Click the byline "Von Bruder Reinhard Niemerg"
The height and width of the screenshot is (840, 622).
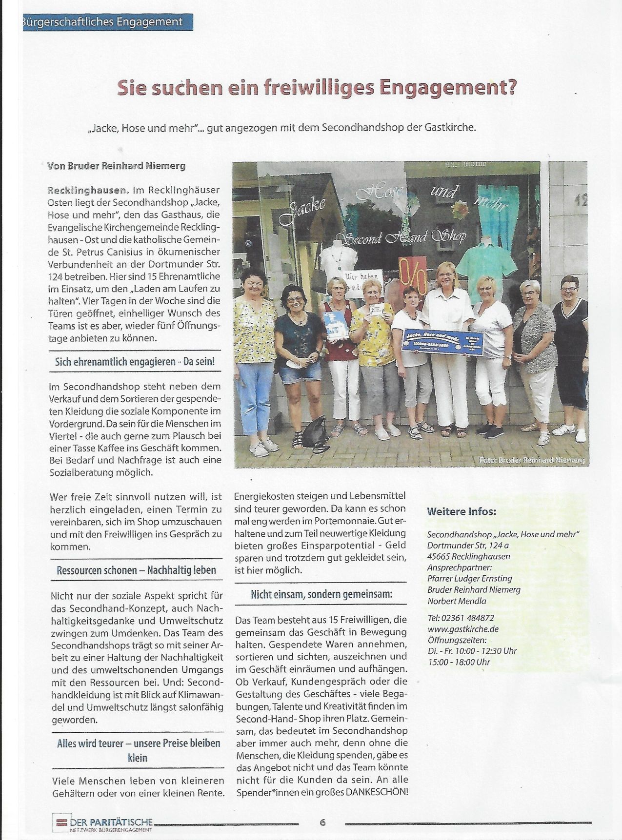point(116,166)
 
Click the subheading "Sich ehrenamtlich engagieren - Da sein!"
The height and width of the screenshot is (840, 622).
point(135,361)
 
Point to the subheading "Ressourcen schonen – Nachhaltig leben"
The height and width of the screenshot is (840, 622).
point(136,570)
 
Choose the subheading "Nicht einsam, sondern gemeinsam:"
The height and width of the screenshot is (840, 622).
point(321,594)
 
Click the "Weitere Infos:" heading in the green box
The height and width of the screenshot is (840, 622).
point(461,512)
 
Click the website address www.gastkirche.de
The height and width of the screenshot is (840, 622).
point(463,629)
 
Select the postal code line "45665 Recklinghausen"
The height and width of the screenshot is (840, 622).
point(469,556)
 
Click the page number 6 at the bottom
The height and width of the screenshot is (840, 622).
point(322,822)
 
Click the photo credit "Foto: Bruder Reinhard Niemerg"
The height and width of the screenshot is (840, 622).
point(531,460)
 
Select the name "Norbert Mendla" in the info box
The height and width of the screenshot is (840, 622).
point(457,601)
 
